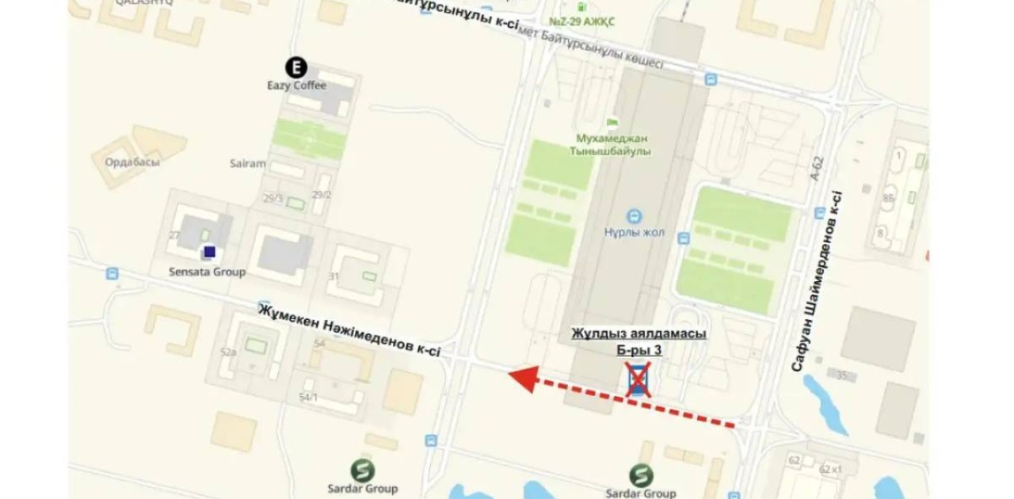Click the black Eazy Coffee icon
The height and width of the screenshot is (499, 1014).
click(x=296, y=68)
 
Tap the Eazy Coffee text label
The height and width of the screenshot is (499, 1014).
click(x=296, y=86)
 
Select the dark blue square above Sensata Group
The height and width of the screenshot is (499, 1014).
click(x=209, y=252)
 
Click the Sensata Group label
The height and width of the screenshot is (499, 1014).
click(x=208, y=272)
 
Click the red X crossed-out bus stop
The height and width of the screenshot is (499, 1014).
click(x=639, y=380)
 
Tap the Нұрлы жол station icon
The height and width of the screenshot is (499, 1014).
click(x=633, y=215)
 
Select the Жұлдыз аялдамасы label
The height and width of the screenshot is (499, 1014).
click(x=639, y=333)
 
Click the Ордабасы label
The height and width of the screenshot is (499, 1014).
click(x=132, y=162)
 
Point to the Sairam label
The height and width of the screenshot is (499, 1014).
click(x=248, y=164)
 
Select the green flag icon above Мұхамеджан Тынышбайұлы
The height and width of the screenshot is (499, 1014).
click(x=612, y=122)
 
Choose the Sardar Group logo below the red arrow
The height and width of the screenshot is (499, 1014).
click(x=642, y=475)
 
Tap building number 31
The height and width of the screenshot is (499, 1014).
click(x=334, y=276)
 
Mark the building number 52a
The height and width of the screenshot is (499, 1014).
click(x=229, y=352)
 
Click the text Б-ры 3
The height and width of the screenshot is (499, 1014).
click(x=639, y=349)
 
